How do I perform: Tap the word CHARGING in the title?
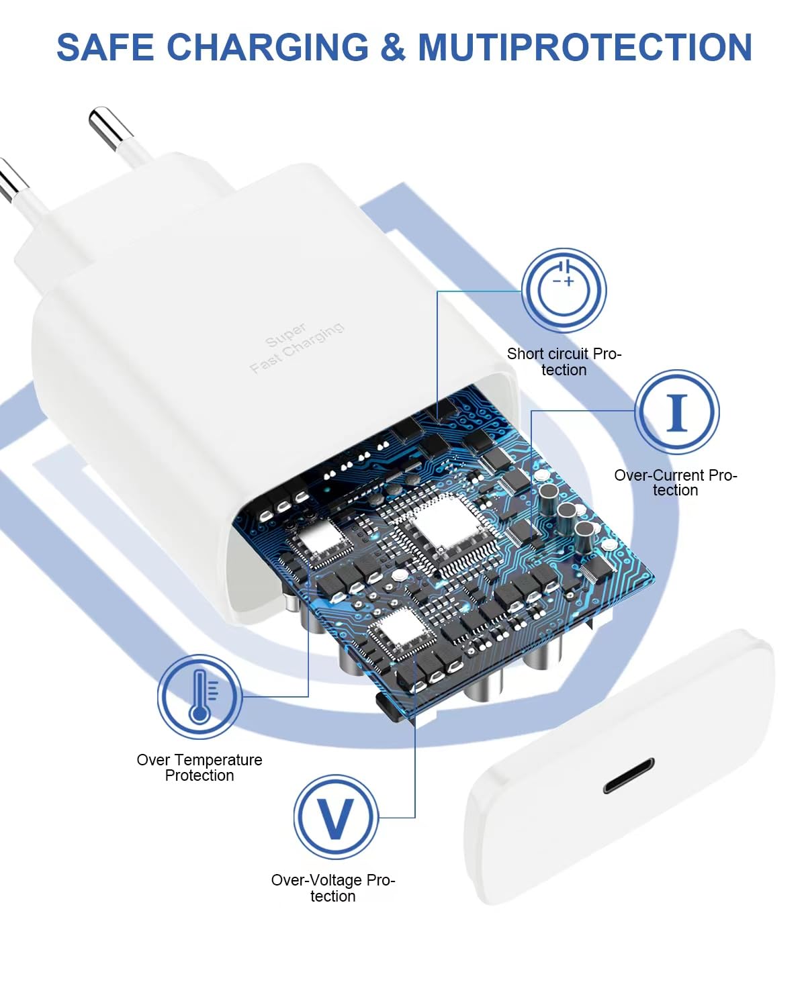[267, 48]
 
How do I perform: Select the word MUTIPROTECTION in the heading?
[584, 48]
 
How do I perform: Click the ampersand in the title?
[393, 48]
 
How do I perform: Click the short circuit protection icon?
[564, 290]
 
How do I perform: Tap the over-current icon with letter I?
[676, 412]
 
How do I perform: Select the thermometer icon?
[199, 696]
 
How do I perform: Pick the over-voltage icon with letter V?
[335, 817]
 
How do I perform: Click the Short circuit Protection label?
[564, 362]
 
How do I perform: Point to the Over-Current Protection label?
[676, 483]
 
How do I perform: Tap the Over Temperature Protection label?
[199, 767]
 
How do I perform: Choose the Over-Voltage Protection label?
[333, 888]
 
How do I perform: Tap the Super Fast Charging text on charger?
[296, 347]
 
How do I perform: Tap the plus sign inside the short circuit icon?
[569, 281]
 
